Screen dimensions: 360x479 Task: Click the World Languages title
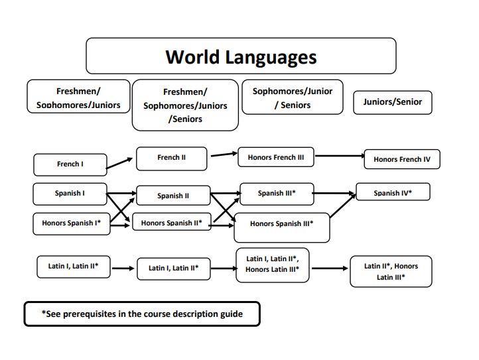tap(241, 56)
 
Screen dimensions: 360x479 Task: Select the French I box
tap(70, 164)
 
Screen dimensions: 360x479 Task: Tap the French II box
tap(171, 158)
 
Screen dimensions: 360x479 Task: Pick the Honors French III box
tap(275, 158)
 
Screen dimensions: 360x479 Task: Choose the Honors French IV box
tap(401, 159)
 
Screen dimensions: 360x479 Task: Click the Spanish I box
tap(70, 194)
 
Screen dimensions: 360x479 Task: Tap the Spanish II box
tap(172, 196)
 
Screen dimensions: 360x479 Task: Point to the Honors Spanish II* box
tap(171, 223)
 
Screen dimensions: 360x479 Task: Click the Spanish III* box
tap(276, 194)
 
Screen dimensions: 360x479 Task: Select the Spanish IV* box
tap(393, 192)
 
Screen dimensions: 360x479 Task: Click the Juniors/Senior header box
tap(392, 102)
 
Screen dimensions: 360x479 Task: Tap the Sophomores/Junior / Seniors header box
tap(293, 97)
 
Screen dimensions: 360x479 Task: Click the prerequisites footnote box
tap(142, 314)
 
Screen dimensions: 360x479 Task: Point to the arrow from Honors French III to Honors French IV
tap(338, 158)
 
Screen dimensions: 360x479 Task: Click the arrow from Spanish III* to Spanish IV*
tap(334, 194)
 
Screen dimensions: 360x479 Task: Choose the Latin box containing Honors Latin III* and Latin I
tap(272, 264)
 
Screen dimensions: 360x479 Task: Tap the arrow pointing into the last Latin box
tap(329, 269)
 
